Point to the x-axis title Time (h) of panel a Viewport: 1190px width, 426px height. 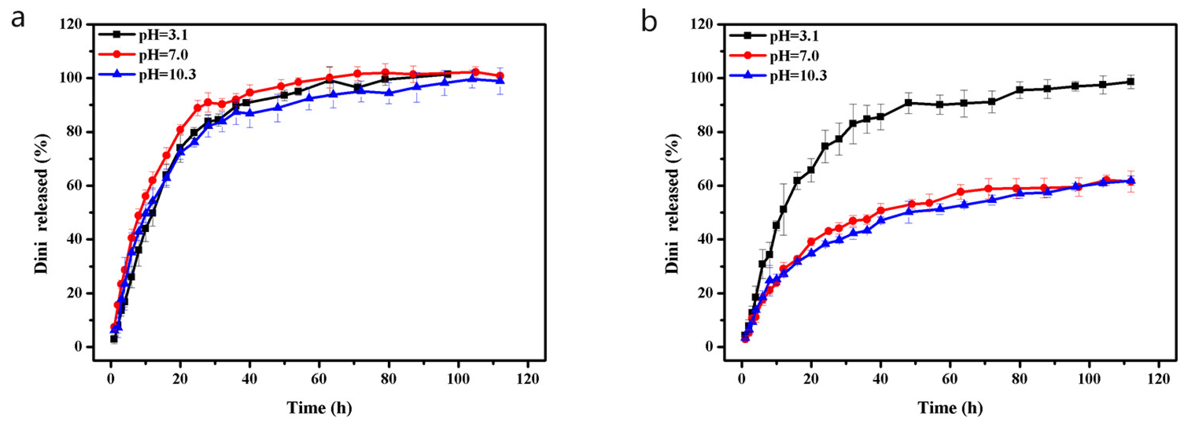click(x=319, y=408)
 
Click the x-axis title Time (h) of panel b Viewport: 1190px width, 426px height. click(x=950, y=408)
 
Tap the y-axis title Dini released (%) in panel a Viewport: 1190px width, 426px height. click(x=42, y=203)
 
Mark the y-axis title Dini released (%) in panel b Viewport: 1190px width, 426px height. click(x=672, y=203)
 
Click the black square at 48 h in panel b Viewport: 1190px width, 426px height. click(x=908, y=102)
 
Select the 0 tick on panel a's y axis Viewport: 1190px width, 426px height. click(x=77, y=347)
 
